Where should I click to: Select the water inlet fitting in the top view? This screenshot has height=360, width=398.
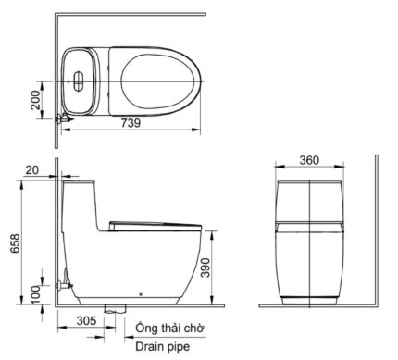tap(62, 118)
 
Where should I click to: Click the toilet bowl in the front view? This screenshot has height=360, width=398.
tap(310, 264)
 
